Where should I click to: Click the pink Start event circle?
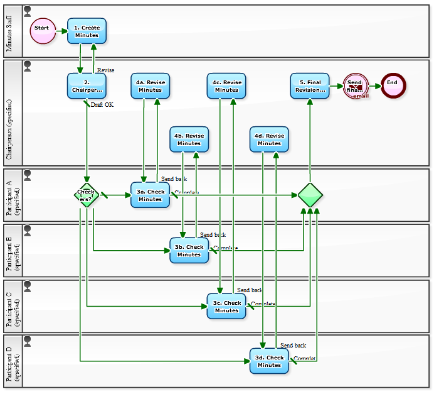pyautogui.click(x=42, y=31)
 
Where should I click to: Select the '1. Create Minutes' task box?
pyautogui.click(x=87, y=31)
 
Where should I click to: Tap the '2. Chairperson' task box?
pyautogui.click(x=87, y=86)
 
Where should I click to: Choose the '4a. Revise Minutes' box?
pyautogui.click(x=151, y=86)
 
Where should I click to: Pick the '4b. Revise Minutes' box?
pyautogui.click(x=189, y=140)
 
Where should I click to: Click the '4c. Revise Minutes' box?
pyautogui.click(x=226, y=86)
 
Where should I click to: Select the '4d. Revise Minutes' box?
pyautogui.click(x=269, y=140)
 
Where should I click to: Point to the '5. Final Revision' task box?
pyautogui.click(x=310, y=86)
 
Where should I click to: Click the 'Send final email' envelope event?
pyautogui.click(x=355, y=86)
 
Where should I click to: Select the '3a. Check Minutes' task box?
pyautogui.click(x=151, y=195)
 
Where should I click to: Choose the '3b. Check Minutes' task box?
pyautogui.click(x=189, y=251)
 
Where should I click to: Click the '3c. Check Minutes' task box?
pyautogui.click(x=226, y=306)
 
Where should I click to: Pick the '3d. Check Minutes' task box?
pyautogui.click(x=269, y=361)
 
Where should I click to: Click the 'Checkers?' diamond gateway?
pyautogui.click(x=87, y=195)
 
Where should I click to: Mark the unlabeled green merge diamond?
pyautogui.click(x=310, y=195)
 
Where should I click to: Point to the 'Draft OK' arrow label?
pyautogui.click(x=102, y=105)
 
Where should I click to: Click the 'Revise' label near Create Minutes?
pyautogui.click(x=106, y=70)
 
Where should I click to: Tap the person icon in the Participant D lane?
pyautogui.click(x=28, y=341)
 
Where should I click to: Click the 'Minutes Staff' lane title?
pyautogui.click(x=9, y=31)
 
